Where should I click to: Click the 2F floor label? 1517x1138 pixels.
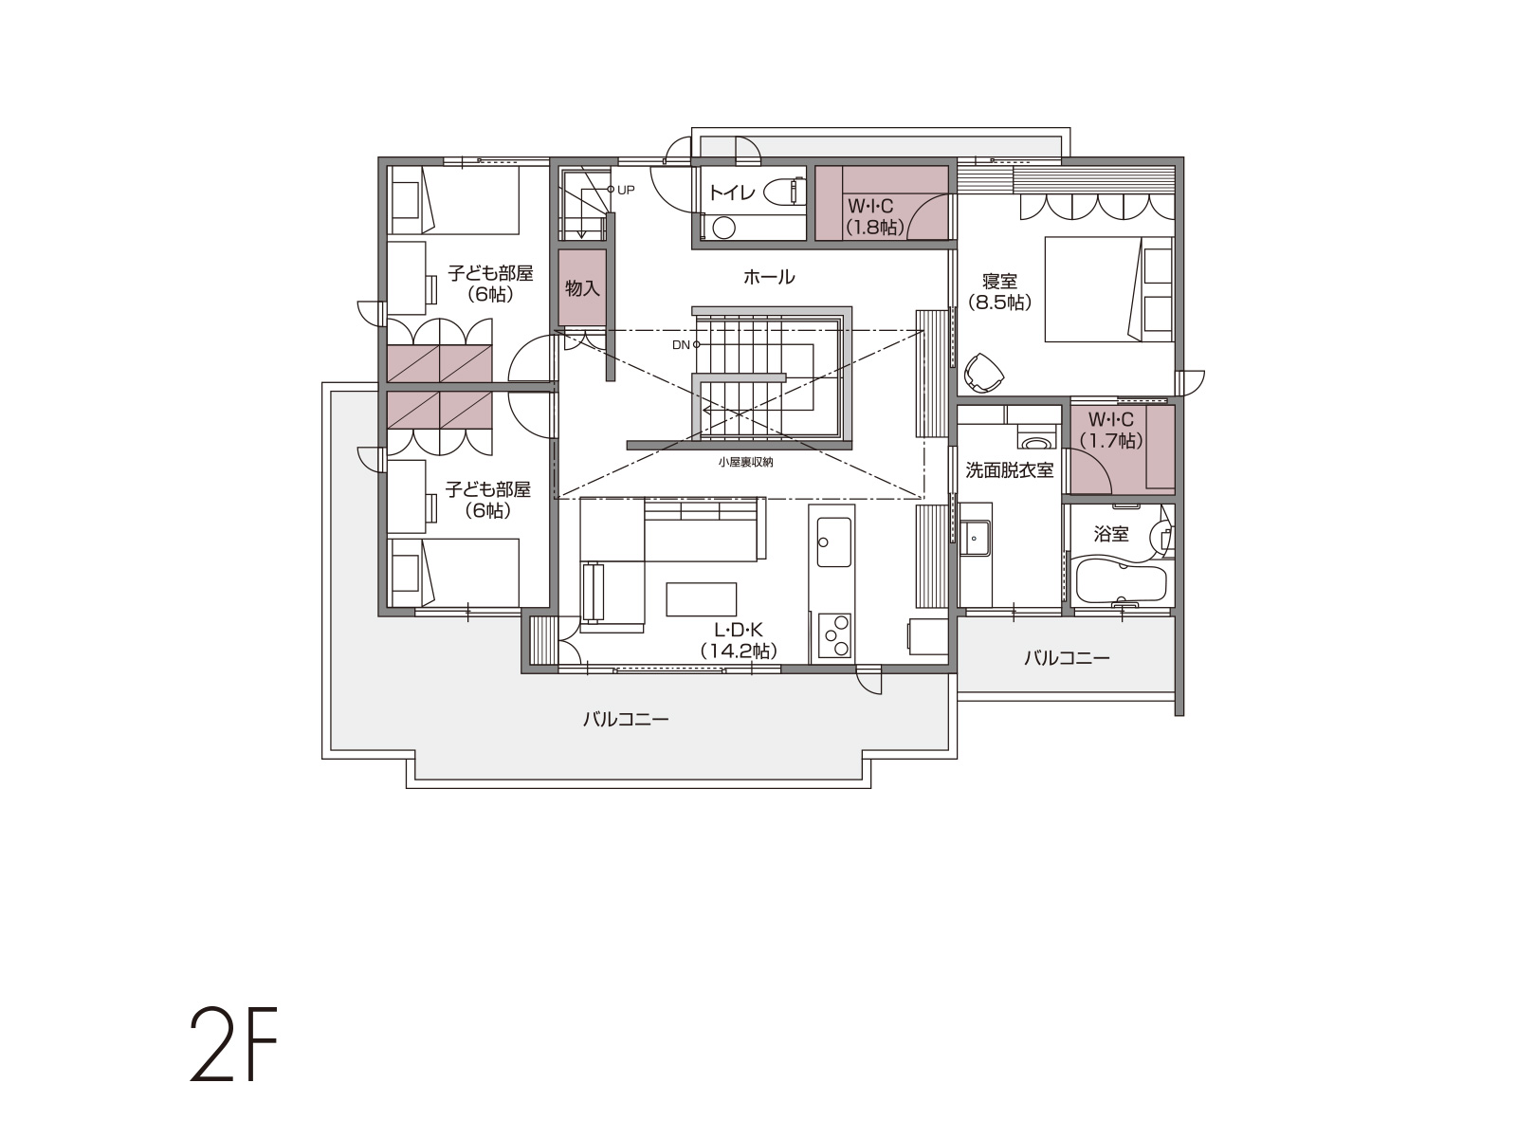tap(233, 1044)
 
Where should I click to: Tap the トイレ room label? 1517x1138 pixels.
tap(733, 193)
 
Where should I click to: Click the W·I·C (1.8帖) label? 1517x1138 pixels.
tap(874, 216)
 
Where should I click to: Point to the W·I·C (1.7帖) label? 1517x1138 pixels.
tap(1110, 430)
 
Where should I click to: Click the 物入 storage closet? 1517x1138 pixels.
tap(582, 287)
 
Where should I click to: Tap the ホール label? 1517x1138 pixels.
tap(769, 278)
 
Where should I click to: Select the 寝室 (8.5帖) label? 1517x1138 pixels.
tap(999, 291)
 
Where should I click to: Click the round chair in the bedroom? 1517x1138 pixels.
tap(984, 373)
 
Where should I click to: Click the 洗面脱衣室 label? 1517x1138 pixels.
tap(1009, 470)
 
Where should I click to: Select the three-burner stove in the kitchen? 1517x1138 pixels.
tap(834, 635)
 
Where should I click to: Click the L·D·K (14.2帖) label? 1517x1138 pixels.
tap(739, 640)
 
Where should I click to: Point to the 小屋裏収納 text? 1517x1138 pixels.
tap(746, 462)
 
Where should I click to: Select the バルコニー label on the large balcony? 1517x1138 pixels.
tap(626, 719)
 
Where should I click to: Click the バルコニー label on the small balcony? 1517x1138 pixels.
tap(1067, 658)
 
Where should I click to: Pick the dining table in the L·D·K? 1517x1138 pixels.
tap(701, 599)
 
